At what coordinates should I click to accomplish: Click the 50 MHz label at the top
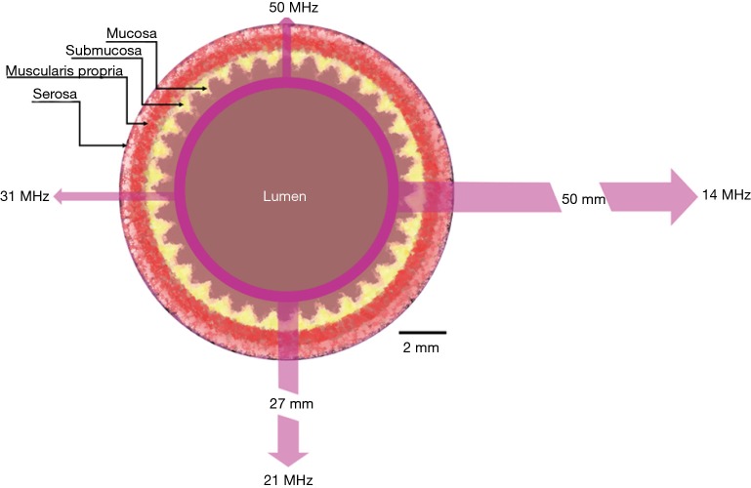click(x=292, y=8)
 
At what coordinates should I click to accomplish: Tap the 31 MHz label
click(x=24, y=196)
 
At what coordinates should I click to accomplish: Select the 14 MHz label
click(x=726, y=196)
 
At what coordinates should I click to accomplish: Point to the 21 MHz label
click(x=290, y=477)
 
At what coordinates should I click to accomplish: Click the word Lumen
click(x=286, y=196)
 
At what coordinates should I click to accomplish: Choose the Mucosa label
click(x=124, y=33)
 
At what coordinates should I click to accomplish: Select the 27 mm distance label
click(x=290, y=402)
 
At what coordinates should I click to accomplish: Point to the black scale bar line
click(x=422, y=333)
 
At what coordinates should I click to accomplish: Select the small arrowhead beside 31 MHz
click(x=61, y=196)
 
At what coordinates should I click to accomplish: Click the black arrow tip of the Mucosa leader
click(x=204, y=89)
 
